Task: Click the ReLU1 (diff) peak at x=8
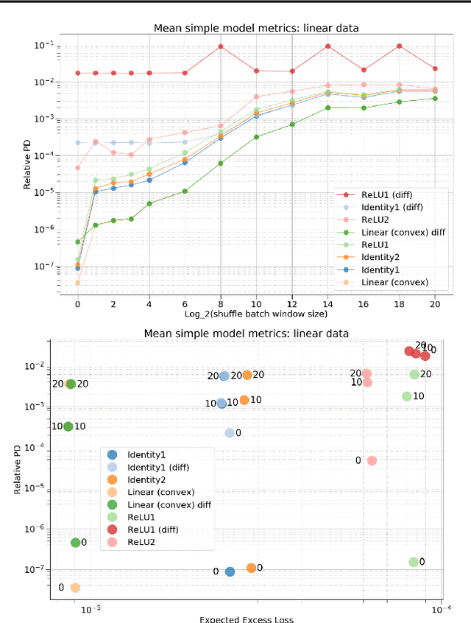[x=221, y=46]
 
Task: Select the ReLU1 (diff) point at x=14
[x=328, y=46]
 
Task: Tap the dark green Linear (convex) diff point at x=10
[x=257, y=137]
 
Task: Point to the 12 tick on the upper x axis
[x=292, y=303]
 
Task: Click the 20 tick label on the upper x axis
[x=436, y=303]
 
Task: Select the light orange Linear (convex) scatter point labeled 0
[x=75, y=588]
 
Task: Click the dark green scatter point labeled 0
[x=75, y=543]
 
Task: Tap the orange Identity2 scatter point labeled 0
[x=251, y=568]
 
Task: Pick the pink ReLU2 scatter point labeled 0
[x=372, y=461]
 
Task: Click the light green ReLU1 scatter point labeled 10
[x=406, y=396]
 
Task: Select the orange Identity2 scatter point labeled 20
[x=247, y=375]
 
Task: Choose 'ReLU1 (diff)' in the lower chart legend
[x=153, y=529]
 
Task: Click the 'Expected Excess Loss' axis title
[x=247, y=619]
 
